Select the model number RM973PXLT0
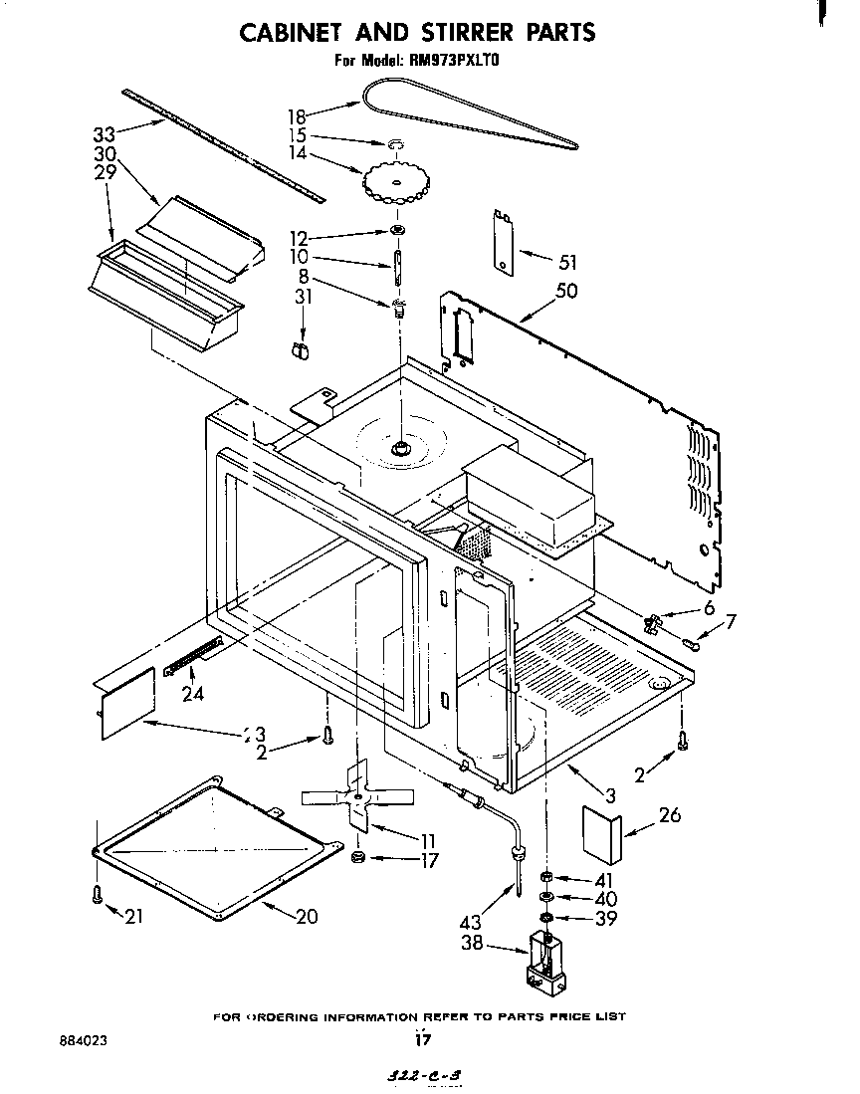point(458,60)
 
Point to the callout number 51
point(567,263)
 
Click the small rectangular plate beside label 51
point(503,239)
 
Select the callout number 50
point(566,291)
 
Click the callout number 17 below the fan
point(428,861)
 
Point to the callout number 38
point(472,942)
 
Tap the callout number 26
point(670,815)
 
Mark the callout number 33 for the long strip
point(105,133)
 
